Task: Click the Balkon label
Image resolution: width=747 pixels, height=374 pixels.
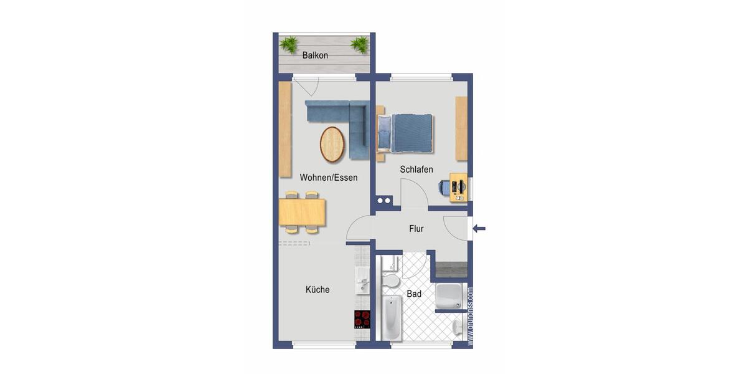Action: click(315, 55)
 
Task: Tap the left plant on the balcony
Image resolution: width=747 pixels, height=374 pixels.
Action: click(289, 43)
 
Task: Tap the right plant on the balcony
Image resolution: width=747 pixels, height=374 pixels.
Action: click(359, 43)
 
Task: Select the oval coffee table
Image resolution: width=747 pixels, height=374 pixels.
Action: click(332, 143)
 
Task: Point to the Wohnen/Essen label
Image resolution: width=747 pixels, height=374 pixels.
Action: click(329, 178)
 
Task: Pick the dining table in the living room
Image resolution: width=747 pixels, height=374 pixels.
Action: click(303, 212)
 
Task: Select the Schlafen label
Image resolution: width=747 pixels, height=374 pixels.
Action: click(416, 170)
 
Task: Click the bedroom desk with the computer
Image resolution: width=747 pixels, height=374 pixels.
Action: click(459, 187)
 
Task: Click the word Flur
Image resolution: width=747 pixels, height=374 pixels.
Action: click(416, 229)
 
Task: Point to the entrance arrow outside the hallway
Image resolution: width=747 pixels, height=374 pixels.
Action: click(479, 229)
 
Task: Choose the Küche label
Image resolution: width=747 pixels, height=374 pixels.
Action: click(317, 290)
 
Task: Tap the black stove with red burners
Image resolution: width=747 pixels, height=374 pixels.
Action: click(362, 319)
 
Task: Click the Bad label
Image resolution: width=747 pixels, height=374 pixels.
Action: click(414, 294)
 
